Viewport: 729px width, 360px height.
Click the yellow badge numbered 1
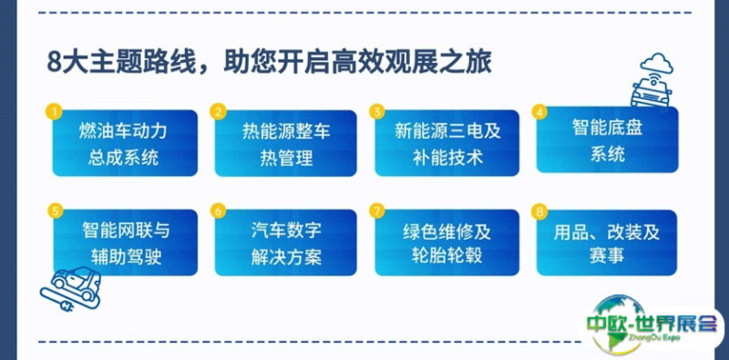tap(54, 111)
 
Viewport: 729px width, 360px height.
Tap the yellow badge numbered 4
tap(539, 111)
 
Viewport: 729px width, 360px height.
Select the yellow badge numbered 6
tap(218, 211)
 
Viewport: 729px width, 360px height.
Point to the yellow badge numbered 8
tap(539, 211)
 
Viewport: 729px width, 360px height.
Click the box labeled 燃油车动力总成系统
tap(125, 143)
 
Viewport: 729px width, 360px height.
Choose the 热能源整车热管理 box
tap(285, 143)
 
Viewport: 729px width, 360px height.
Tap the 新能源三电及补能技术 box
tap(447, 143)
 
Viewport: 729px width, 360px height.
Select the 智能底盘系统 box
tap(607, 139)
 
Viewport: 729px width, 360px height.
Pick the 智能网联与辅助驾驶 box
tap(125, 242)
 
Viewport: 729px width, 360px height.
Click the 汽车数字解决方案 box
tap(285, 242)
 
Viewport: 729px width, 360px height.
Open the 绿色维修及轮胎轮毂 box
tap(447, 242)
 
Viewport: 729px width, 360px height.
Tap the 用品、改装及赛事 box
tap(607, 242)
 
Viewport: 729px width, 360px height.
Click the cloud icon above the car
tap(656, 63)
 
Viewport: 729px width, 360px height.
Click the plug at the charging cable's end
tap(67, 306)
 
